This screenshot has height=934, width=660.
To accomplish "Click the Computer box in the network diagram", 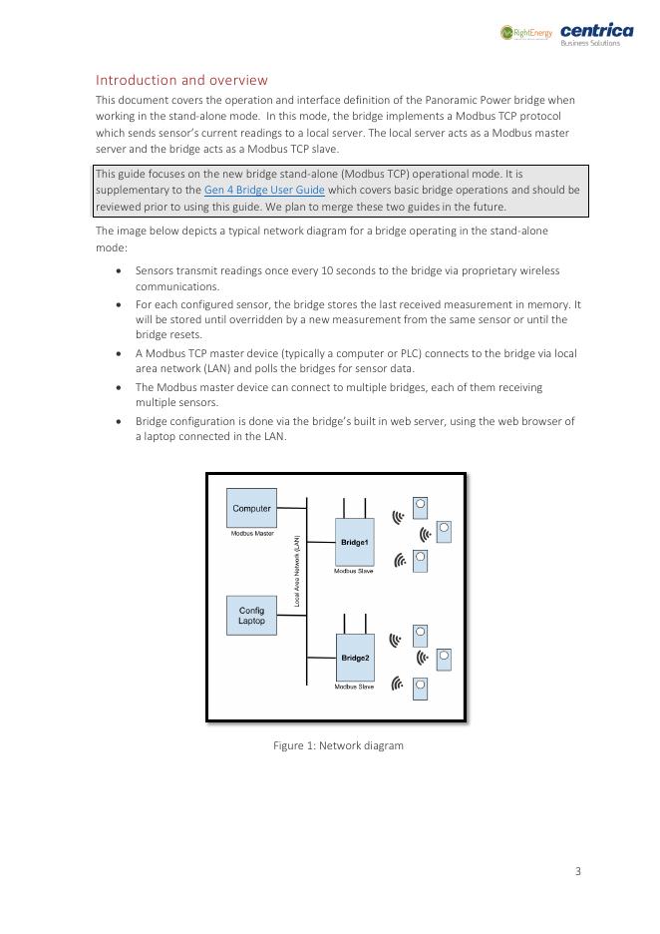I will (251, 508).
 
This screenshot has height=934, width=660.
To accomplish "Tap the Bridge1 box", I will (354, 542).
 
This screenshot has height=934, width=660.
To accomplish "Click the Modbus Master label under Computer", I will (251, 534).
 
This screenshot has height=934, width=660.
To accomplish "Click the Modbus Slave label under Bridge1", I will (354, 571).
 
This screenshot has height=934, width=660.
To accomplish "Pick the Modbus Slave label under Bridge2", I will (354, 687).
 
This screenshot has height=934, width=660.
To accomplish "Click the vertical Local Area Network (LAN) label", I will (296, 571).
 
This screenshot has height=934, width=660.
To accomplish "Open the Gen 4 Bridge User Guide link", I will (264, 190).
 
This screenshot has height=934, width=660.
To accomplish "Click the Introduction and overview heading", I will (181, 80).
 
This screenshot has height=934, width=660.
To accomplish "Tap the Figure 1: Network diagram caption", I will (338, 745).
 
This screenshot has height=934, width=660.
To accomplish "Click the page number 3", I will (578, 871).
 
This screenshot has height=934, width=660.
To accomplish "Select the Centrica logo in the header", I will (596, 33).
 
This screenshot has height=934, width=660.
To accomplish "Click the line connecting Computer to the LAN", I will (291, 508).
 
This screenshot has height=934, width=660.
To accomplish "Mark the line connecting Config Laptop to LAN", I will (291, 616).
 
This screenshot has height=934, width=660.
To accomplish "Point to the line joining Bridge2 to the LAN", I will (320, 658).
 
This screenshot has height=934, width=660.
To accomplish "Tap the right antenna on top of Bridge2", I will (365, 623).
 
